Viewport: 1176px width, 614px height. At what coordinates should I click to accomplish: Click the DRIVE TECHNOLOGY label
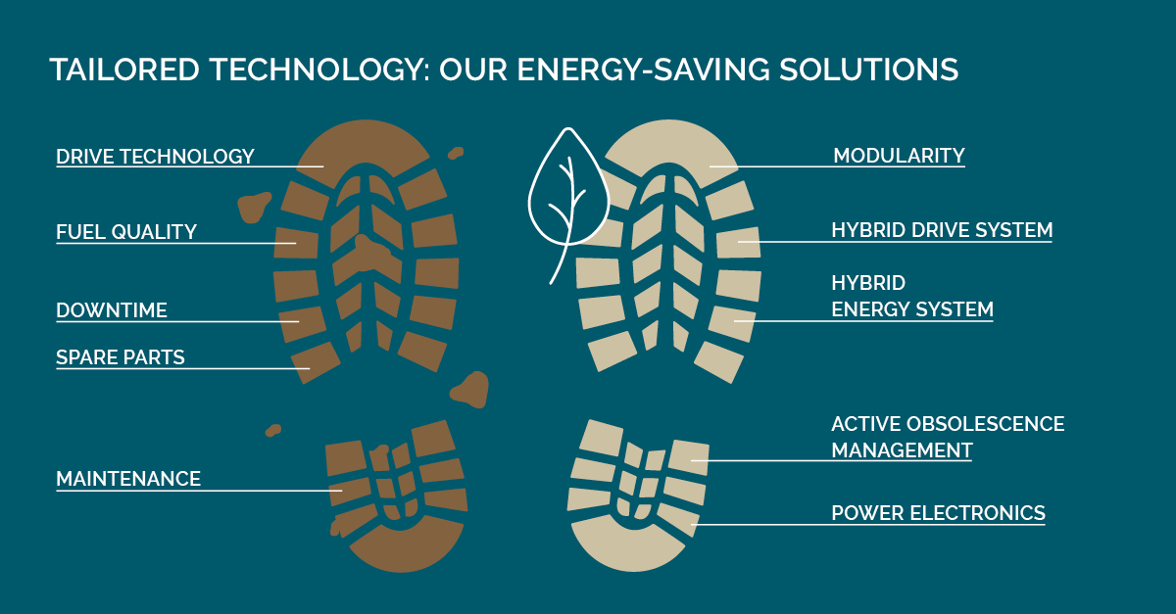[155, 157]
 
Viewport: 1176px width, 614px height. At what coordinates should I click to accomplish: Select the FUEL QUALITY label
[126, 232]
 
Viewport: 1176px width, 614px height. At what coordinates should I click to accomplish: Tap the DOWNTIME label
[112, 310]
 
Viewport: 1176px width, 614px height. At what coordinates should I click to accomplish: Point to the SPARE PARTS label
[121, 357]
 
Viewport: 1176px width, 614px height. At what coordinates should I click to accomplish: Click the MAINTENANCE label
[128, 479]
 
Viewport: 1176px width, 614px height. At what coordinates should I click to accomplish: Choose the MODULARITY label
[899, 156]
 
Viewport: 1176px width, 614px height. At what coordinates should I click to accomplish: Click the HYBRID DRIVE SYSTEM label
[942, 230]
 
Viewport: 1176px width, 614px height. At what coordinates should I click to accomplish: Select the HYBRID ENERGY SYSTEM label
[911, 297]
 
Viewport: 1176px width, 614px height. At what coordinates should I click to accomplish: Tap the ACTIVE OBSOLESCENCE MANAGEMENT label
[947, 437]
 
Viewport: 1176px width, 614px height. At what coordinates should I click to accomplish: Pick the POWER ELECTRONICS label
[938, 513]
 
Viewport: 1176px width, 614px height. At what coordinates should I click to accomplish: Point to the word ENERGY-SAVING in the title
[640, 71]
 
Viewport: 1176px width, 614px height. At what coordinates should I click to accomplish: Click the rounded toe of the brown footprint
[364, 142]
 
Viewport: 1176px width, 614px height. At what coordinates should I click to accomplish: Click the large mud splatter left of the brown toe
[255, 207]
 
